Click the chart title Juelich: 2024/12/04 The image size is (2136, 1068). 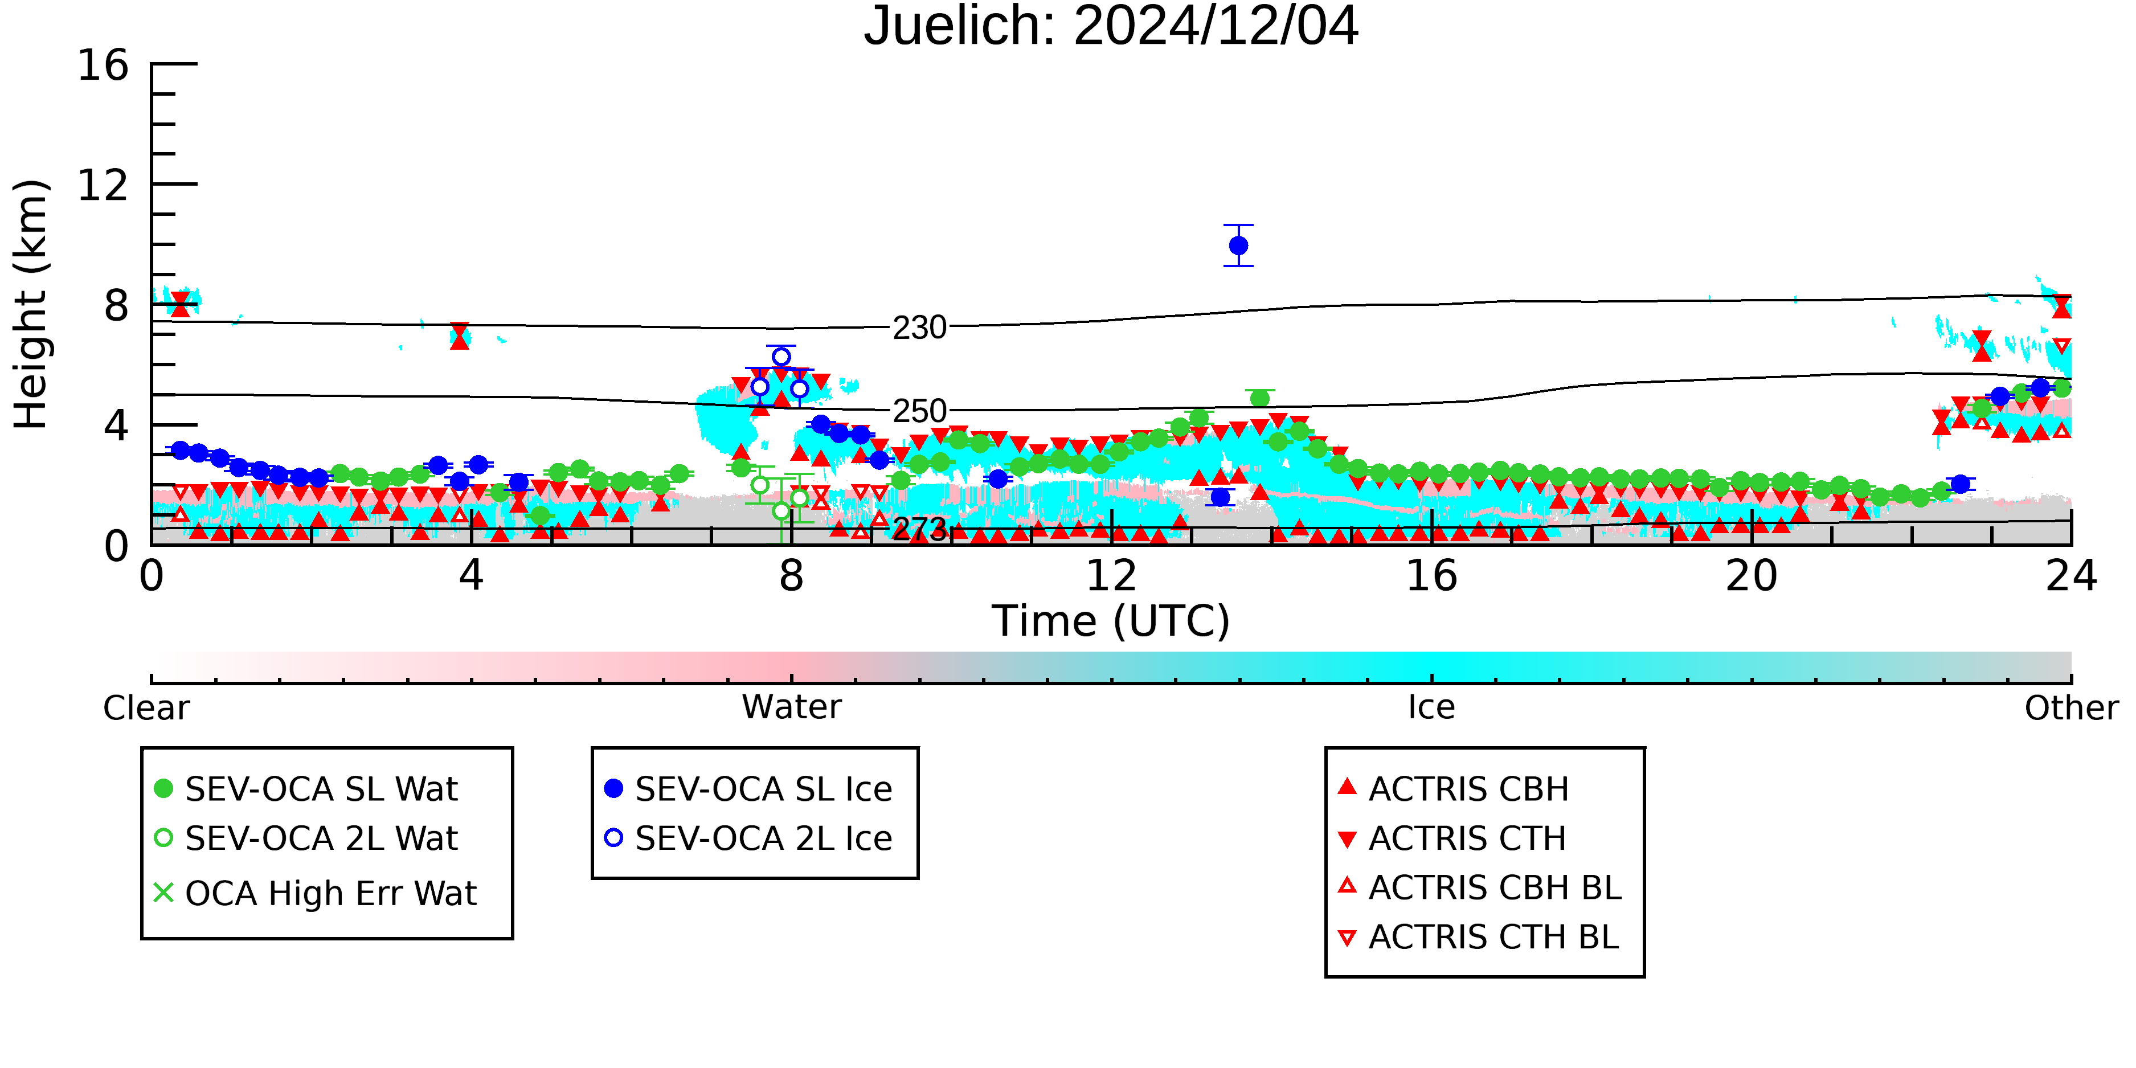point(1111,27)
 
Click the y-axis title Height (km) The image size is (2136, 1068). point(31,304)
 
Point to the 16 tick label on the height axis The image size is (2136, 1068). point(103,65)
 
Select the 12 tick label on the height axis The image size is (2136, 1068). point(103,185)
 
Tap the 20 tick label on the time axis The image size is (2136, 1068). point(1752,575)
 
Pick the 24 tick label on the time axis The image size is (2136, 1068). point(2071,575)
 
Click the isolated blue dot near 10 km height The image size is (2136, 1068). point(1238,245)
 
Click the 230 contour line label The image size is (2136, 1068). point(919,328)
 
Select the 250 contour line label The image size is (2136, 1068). point(919,411)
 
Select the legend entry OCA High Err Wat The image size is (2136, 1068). point(331,894)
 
